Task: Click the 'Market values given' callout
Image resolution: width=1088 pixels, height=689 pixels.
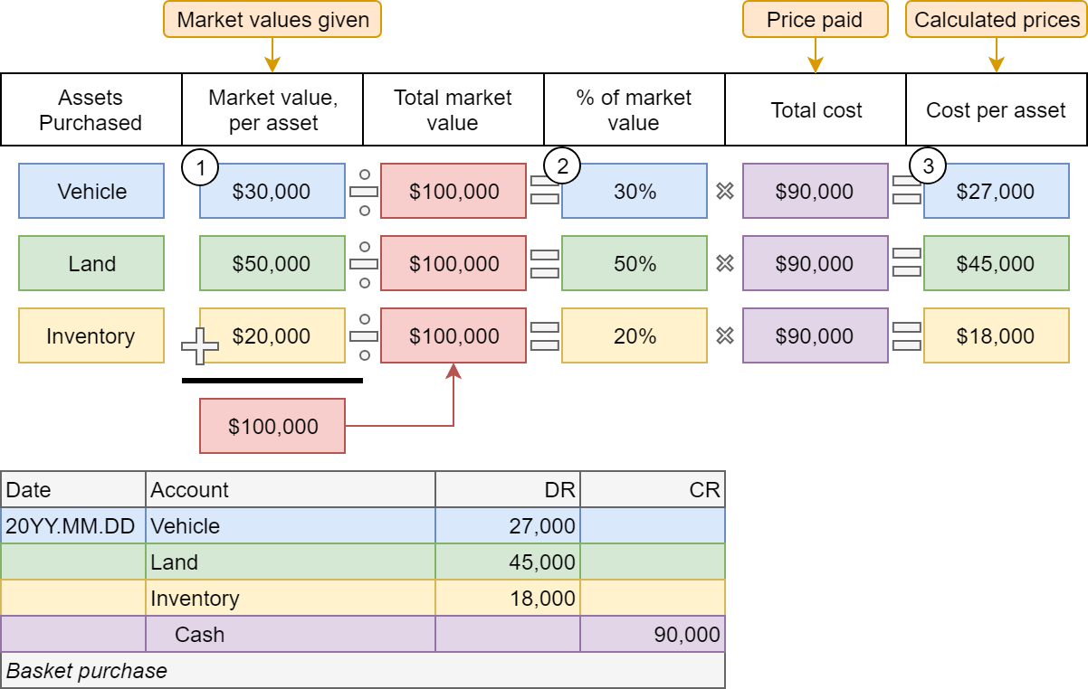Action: coord(272,19)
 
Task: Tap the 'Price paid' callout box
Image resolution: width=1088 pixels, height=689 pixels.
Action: coord(815,19)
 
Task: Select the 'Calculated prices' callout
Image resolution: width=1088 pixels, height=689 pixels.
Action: coord(997,19)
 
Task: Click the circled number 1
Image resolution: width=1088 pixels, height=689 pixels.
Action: coord(200,167)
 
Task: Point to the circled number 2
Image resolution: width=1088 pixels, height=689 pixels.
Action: coord(562,166)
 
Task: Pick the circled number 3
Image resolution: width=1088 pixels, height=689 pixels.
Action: coord(928,165)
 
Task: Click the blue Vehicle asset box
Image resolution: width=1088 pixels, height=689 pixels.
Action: coord(91,191)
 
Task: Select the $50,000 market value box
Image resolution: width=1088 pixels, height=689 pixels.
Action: coord(272,263)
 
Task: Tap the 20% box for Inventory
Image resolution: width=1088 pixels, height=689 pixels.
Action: coord(635,335)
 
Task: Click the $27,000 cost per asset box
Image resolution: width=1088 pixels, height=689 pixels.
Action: coord(997,191)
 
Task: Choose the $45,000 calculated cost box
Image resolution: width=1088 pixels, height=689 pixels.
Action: coord(997,263)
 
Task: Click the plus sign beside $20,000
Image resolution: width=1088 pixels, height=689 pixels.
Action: coord(200,346)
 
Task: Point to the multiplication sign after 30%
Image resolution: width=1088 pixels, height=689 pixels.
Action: coord(725,191)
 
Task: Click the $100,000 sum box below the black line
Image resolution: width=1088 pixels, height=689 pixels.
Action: coord(272,426)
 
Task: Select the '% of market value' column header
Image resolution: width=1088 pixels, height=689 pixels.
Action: coord(635,109)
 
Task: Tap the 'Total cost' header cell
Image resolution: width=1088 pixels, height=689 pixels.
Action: coord(816,109)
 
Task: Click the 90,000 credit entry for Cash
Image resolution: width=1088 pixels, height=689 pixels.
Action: coord(653,634)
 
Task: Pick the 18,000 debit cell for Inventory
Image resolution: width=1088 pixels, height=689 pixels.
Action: coord(508,598)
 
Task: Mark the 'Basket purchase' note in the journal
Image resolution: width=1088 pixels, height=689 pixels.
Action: coord(87,671)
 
